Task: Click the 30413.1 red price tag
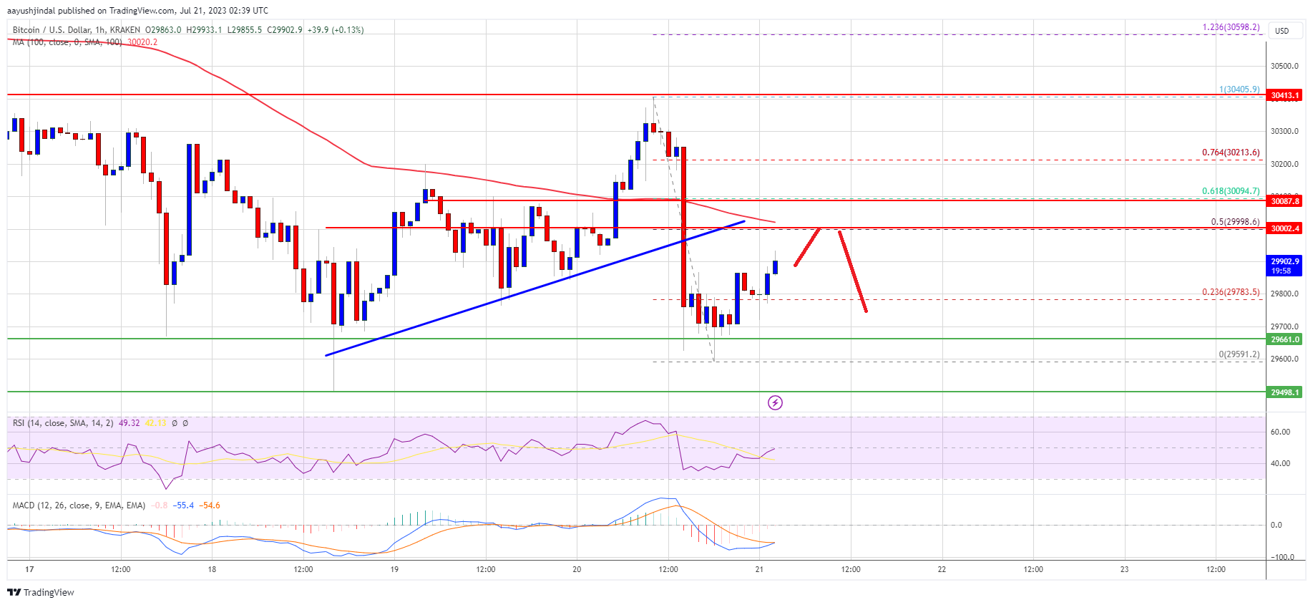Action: click(x=1284, y=95)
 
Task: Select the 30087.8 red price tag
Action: click(x=1284, y=201)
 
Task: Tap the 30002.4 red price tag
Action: click(x=1284, y=228)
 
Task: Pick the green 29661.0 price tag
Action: click(x=1284, y=339)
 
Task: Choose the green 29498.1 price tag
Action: click(x=1284, y=392)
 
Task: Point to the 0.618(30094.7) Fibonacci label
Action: click(x=1230, y=191)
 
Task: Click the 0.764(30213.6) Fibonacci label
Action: click(x=1230, y=153)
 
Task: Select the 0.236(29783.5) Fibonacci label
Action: click(x=1230, y=292)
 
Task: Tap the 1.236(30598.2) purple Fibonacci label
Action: click(x=1230, y=27)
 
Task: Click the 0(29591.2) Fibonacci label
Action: click(x=1239, y=354)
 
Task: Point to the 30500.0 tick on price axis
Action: click(x=1284, y=66)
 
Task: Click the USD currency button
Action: click(x=1282, y=31)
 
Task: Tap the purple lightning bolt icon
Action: click(x=775, y=402)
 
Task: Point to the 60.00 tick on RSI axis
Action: click(x=1280, y=432)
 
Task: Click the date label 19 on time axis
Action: click(x=394, y=570)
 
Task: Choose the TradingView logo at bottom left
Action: click(x=41, y=592)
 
